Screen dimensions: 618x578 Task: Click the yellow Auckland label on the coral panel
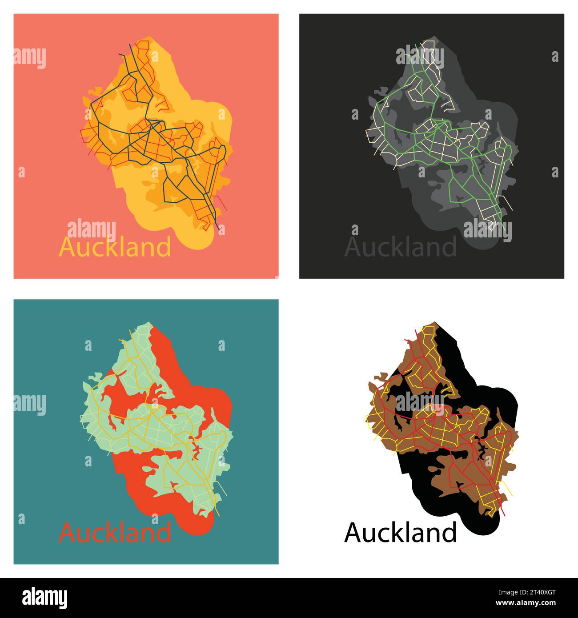[115, 247]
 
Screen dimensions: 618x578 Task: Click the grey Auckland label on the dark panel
[400, 247]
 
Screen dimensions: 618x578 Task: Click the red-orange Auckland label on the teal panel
[115, 532]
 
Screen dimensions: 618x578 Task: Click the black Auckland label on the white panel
[400, 532]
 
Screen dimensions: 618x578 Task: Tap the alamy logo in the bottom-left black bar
[44, 598]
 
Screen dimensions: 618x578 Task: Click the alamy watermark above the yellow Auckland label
[92, 229]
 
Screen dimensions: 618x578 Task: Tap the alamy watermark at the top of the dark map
[420, 58]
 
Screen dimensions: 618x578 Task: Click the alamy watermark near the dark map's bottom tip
[487, 230]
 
